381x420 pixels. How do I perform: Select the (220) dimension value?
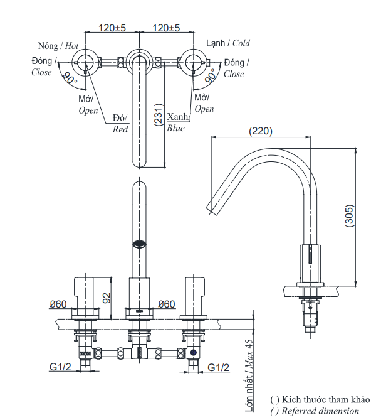(261, 131)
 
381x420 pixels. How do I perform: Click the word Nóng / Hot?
(58, 46)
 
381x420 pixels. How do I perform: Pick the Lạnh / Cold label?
(228, 43)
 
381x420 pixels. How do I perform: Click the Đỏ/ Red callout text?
(120, 124)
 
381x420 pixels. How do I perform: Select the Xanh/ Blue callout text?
(177, 122)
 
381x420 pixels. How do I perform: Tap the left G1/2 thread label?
(60, 367)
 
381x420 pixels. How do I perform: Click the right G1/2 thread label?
(218, 367)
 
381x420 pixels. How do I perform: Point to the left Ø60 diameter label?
(59, 304)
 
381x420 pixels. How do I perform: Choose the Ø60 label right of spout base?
(167, 304)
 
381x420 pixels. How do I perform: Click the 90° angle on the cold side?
(210, 77)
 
